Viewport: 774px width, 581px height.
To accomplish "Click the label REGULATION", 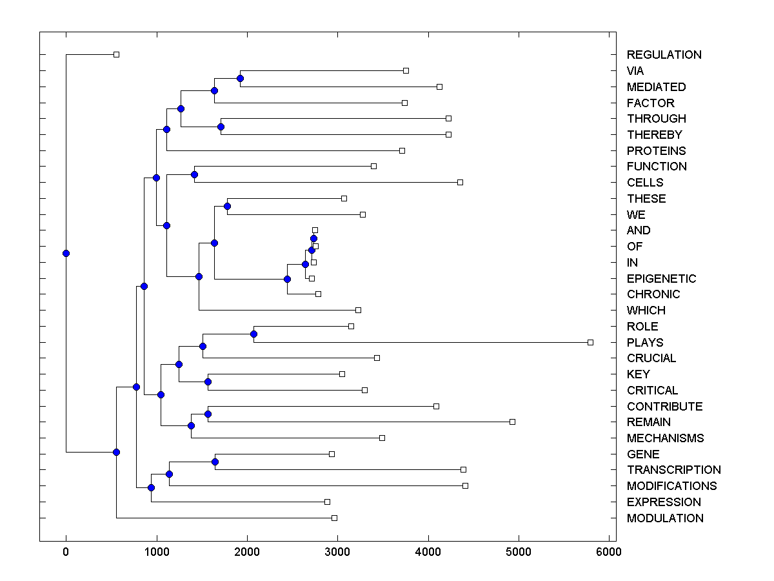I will (x=664, y=55).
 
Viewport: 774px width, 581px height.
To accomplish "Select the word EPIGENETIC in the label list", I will (x=661, y=279).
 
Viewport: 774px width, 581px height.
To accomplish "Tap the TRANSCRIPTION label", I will (x=673, y=470).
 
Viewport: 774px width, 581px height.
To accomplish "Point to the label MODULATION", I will (x=665, y=518).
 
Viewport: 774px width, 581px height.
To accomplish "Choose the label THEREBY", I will (x=654, y=135).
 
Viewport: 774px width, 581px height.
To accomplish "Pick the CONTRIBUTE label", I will (x=664, y=407).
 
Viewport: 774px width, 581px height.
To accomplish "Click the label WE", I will (x=636, y=215).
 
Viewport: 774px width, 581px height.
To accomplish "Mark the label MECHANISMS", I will (x=665, y=438).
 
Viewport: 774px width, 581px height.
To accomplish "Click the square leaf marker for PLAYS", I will (x=590, y=342).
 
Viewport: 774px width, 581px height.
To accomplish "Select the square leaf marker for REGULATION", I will (x=116, y=54).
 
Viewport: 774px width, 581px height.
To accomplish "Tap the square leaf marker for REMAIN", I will (x=512, y=422).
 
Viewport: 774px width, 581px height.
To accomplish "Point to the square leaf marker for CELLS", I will (x=460, y=182).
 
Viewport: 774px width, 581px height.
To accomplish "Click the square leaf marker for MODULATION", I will (x=334, y=518).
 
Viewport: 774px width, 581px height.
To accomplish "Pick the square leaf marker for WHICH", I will (x=358, y=310).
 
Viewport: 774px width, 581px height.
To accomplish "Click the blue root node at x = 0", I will (x=66, y=253).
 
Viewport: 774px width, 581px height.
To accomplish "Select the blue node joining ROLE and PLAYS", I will (x=253, y=334).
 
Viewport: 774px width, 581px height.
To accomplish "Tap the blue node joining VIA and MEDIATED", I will (x=240, y=78).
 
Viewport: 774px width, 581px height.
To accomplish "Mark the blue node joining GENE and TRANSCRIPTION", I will (x=215, y=462).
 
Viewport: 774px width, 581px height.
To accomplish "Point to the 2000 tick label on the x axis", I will (x=246, y=551).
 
